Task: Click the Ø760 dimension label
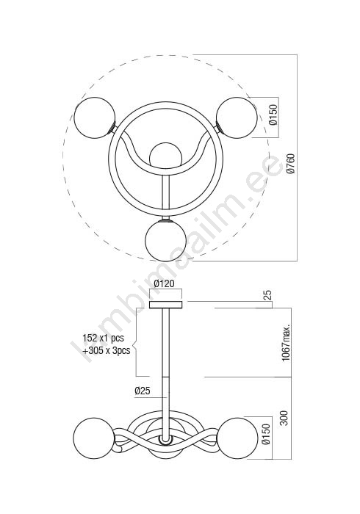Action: click(x=290, y=163)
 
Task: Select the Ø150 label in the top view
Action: click(x=273, y=115)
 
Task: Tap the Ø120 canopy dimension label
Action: click(x=165, y=283)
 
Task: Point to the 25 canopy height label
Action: click(x=267, y=295)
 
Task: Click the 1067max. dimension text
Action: click(x=287, y=343)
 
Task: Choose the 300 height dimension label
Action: click(x=284, y=418)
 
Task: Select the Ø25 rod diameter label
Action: click(x=143, y=391)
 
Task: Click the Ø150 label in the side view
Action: click(x=266, y=434)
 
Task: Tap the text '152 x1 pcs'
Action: click(x=103, y=338)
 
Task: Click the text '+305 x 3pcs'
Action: click(x=106, y=350)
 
